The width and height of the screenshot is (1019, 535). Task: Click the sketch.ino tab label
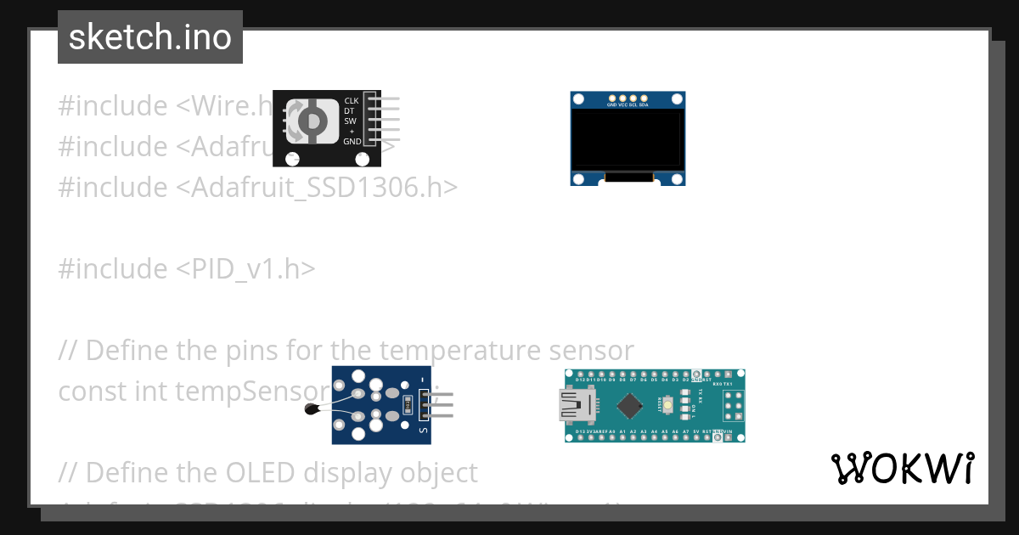coord(150,37)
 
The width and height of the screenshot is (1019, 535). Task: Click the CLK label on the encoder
coord(352,101)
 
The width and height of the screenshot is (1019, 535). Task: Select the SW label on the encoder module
coord(351,121)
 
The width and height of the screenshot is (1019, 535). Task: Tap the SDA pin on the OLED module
coord(644,99)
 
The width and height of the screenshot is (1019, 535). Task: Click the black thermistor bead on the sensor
coord(312,410)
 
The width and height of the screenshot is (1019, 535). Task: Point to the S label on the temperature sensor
coord(422,430)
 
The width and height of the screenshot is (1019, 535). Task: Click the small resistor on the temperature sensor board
coord(408,405)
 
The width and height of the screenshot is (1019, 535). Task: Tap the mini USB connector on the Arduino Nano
coord(571,405)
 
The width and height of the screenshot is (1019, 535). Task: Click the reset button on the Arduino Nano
coord(669,406)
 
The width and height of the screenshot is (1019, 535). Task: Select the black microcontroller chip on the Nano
coord(629,406)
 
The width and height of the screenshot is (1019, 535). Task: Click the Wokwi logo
coord(903,468)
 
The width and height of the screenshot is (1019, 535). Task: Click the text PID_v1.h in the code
coord(246,269)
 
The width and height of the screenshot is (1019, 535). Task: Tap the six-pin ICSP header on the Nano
coord(732,406)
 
